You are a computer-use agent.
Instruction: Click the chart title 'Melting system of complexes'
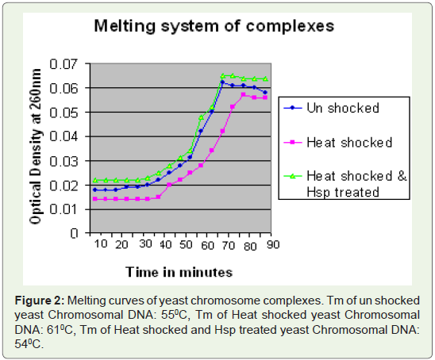click(x=214, y=26)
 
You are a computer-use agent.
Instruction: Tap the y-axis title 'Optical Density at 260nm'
click(x=36, y=147)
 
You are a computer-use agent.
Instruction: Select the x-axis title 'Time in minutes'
click(x=179, y=272)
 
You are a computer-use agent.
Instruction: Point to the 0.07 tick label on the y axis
click(x=64, y=64)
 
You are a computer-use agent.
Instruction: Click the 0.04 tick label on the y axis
click(x=64, y=136)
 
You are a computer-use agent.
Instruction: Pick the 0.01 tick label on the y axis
click(x=64, y=209)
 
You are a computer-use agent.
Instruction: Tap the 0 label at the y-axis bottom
click(x=74, y=233)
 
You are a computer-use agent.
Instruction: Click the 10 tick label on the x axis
click(x=101, y=244)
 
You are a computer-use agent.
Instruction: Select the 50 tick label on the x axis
click(x=186, y=244)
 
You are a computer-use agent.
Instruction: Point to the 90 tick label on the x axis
click(x=273, y=244)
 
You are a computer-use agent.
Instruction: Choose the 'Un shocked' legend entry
click(x=331, y=108)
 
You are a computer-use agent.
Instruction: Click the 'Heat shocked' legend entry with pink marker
click(x=337, y=143)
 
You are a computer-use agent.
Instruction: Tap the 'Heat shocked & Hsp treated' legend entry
click(x=345, y=184)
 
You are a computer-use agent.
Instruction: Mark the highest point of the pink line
click(x=244, y=94)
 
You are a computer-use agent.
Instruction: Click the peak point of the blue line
click(x=222, y=82)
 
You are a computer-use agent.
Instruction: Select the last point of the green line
click(x=265, y=79)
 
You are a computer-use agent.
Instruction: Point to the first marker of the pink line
click(x=95, y=199)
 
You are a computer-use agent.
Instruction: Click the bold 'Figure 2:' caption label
click(x=40, y=301)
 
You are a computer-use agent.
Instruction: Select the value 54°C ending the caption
click(x=29, y=344)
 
